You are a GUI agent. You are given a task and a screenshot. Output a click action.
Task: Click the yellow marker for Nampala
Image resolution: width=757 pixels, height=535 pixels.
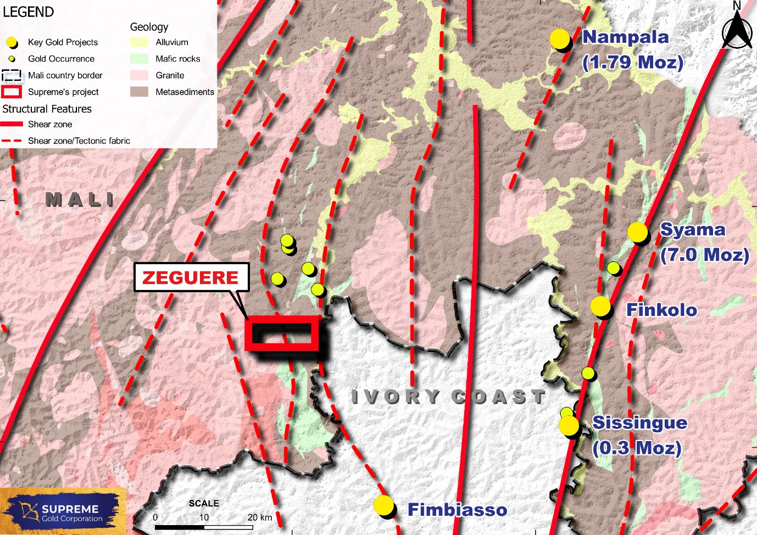[560, 39]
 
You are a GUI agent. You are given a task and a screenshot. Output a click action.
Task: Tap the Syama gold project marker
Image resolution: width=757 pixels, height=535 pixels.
[638, 232]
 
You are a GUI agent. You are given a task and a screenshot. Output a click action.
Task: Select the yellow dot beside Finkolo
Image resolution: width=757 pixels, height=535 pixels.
[600, 306]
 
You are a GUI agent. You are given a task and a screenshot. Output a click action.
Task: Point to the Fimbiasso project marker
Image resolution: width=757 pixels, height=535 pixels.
[383, 505]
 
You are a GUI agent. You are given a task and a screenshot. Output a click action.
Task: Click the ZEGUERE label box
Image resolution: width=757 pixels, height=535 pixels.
[191, 277]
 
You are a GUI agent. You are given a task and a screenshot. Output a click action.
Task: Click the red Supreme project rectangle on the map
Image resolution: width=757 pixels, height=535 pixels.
[282, 333]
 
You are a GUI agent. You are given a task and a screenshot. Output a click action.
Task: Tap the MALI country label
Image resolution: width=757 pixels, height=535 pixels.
[80, 199]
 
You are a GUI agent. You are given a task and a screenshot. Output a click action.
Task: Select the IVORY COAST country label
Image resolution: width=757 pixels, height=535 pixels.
[448, 397]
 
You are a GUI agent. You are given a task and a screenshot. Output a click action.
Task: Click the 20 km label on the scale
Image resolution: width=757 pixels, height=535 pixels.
[260, 517]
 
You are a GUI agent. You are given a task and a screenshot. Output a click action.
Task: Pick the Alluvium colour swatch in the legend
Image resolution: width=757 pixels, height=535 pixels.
[140, 42]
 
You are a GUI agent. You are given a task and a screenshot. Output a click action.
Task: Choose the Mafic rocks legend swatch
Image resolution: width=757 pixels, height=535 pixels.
[140, 59]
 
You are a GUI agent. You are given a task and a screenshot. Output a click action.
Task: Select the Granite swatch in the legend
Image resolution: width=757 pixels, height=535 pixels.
[140, 75]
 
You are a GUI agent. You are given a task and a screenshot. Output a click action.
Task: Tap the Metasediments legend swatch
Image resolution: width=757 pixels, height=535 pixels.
[140, 92]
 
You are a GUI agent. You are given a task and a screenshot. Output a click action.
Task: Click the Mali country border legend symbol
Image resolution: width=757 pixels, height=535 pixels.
[12, 75]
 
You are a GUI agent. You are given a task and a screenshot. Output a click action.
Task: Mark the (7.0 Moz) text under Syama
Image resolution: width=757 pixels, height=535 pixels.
[705, 255]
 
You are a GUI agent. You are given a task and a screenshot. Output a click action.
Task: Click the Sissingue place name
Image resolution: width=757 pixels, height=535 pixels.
[640, 422]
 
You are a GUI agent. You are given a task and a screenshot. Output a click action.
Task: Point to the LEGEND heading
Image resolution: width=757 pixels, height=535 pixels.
[29, 12]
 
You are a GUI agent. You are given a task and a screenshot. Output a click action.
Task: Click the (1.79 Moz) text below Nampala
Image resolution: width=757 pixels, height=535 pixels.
[633, 62]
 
